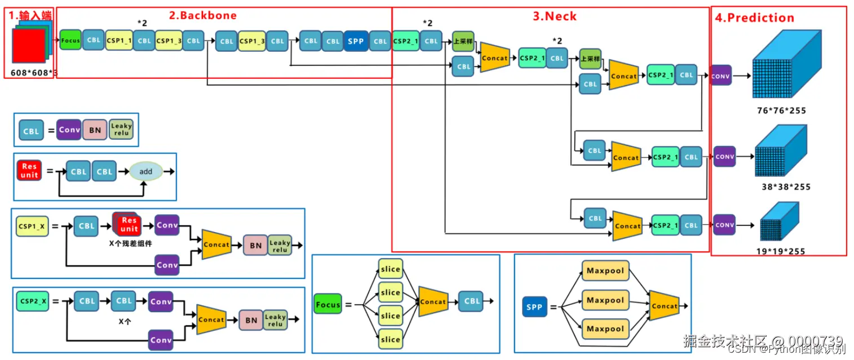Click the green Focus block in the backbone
point(70,41)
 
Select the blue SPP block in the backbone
point(356,41)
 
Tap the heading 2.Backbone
point(203,15)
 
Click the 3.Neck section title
point(555,16)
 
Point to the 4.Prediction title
point(754,17)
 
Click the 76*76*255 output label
point(781,110)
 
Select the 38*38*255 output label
point(785,186)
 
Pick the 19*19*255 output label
point(781,251)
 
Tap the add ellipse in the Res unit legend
point(146,171)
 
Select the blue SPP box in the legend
point(534,308)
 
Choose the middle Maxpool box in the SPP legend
point(605,300)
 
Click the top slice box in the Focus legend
point(390,269)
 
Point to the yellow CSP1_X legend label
point(32,226)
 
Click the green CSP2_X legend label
point(33,301)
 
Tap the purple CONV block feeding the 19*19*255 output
point(724,225)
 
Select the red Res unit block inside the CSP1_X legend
point(129,224)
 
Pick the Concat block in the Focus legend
point(433,301)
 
